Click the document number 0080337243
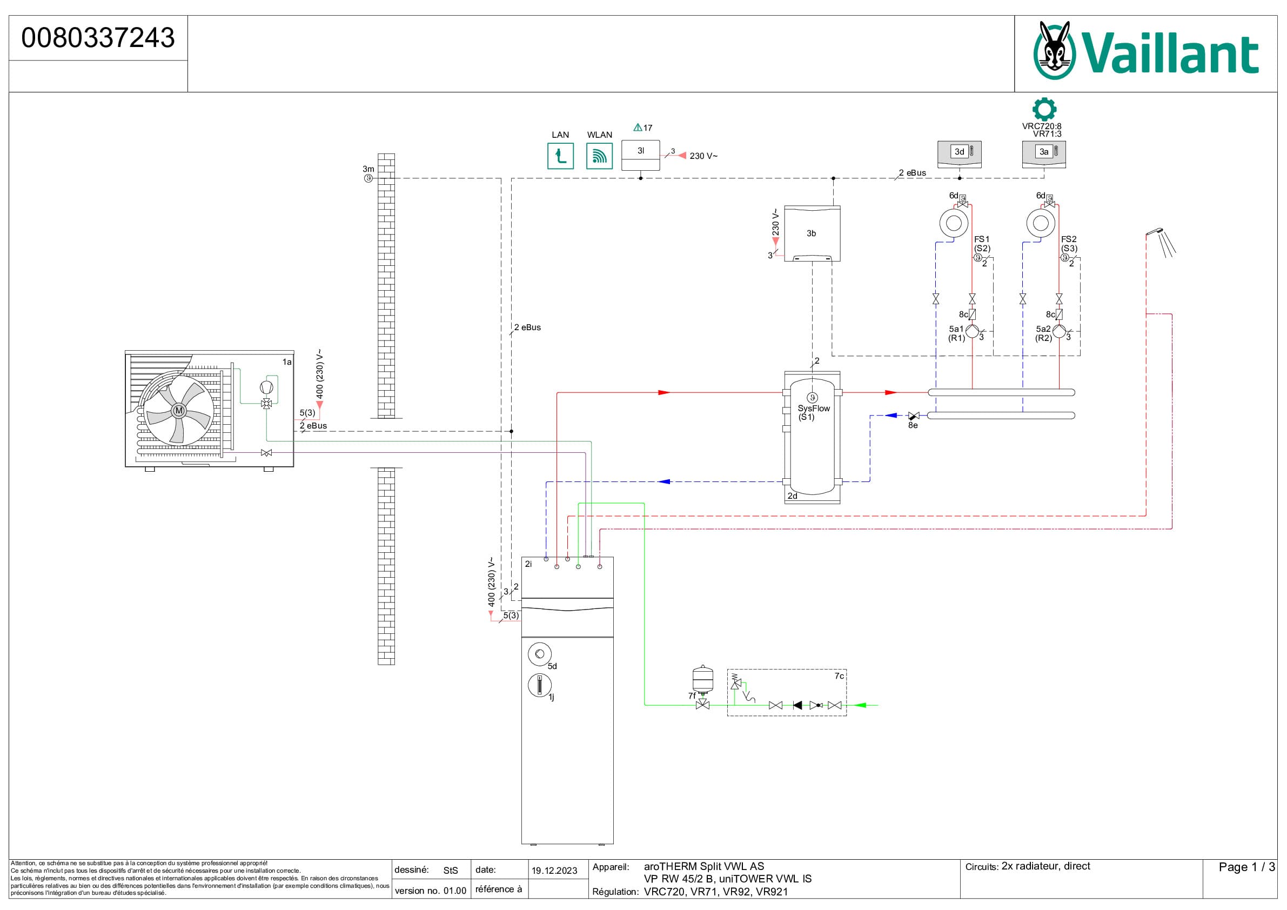tap(98, 38)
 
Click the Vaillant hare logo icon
tap(1054, 51)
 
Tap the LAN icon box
tap(560, 156)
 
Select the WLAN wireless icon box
tap(599, 156)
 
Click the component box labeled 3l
tap(640, 155)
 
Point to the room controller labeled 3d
tap(959, 153)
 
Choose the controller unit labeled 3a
tap(1043, 153)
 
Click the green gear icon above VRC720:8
tap(1044, 109)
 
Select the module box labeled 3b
tap(811, 233)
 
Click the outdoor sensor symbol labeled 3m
tap(368, 178)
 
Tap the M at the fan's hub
tap(179, 411)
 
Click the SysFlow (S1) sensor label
tap(813, 412)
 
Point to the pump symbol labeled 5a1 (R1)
tap(972, 331)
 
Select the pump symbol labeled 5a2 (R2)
tap(1059, 331)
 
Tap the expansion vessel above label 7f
tap(702, 678)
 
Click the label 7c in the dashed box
tap(839, 676)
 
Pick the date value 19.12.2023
tap(554, 870)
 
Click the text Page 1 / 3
tap(1246, 867)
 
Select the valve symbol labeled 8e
tap(914, 416)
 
